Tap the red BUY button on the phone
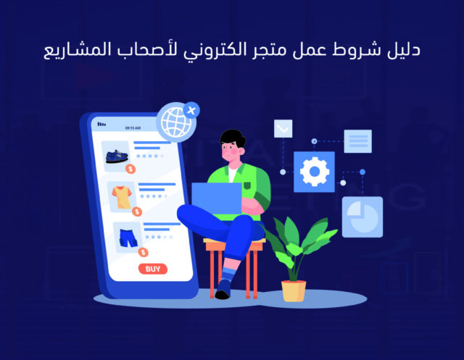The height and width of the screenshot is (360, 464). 152,269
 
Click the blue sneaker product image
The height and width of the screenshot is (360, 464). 117,156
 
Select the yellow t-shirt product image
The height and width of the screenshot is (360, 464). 121,196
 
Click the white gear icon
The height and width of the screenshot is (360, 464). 314,172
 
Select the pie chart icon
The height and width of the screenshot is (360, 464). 362,217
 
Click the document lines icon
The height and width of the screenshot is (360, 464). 357,141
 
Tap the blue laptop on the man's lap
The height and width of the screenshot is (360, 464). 217,199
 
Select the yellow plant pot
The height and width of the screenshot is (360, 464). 294,290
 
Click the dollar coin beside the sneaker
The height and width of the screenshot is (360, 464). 130,169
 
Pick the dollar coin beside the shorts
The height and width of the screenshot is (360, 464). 143,252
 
